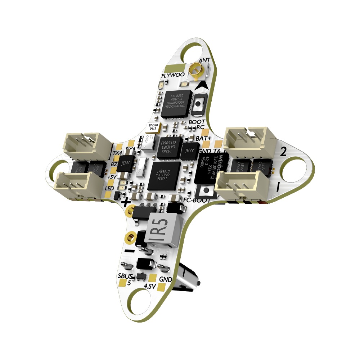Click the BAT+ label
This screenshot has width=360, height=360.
tap(204, 138)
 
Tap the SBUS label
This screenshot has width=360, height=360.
tap(124, 276)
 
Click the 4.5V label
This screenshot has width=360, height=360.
tap(149, 286)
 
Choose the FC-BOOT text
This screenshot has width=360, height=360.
tap(197, 200)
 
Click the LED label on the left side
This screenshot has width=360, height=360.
tap(109, 188)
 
